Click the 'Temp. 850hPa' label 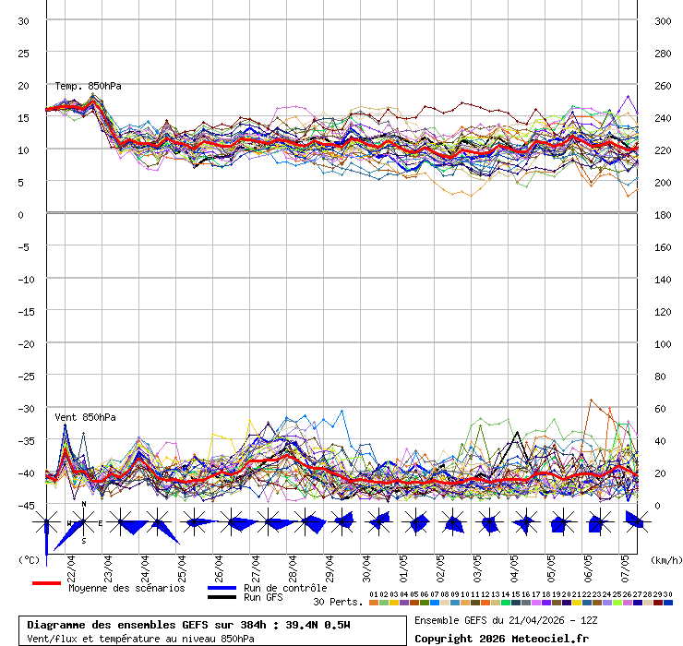[x=88, y=86]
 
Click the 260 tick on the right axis [x=662, y=86]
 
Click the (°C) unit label [x=29, y=559]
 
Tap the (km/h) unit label [x=665, y=559]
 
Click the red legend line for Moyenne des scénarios [x=46, y=584]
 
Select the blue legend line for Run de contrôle [x=222, y=588]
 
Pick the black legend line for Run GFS [x=222, y=598]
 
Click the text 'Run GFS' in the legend [x=263, y=598]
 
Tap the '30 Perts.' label [x=338, y=602]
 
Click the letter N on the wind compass [x=84, y=504]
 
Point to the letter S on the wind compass [x=84, y=541]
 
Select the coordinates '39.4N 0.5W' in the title [x=307, y=625]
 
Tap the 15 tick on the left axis [x=24, y=118]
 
